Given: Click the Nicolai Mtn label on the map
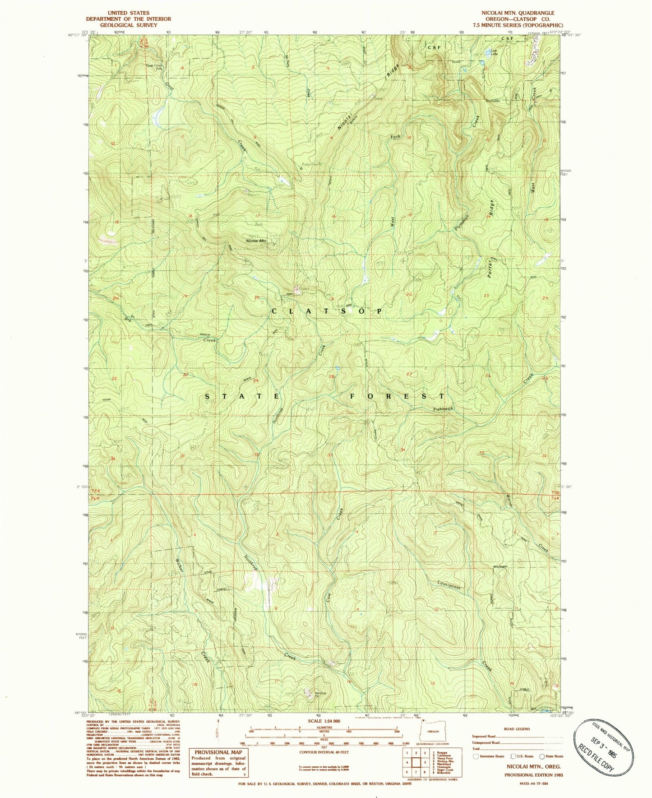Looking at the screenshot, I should pyautogui.click(x=255, y=241).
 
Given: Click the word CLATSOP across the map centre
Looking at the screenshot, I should pyautogui.click(x=327, y=311).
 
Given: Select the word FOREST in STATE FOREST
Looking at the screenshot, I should pyautogui.click(x=398, y=396).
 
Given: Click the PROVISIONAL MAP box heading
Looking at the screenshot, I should pyautogui.click(x=218, y=752).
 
